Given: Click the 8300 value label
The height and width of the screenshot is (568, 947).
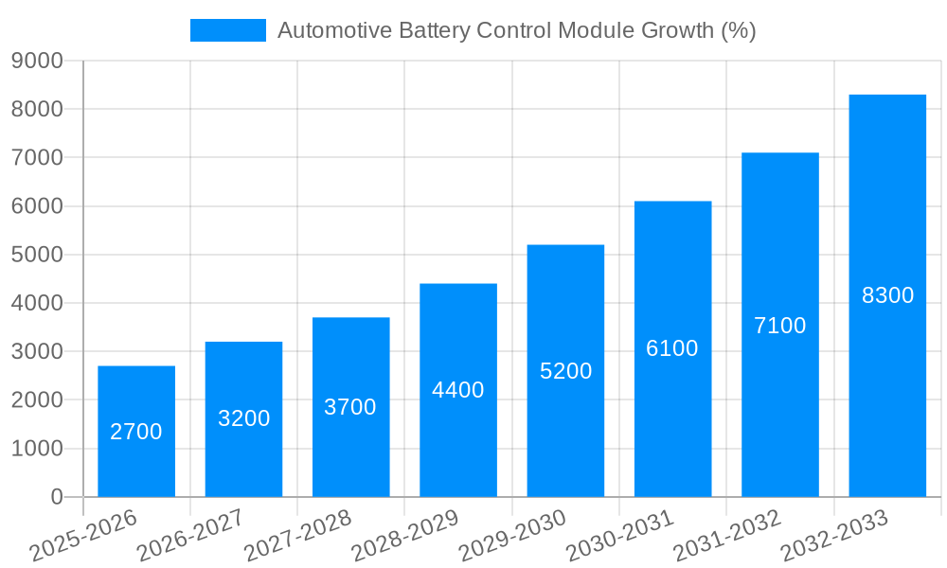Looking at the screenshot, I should point(887,295).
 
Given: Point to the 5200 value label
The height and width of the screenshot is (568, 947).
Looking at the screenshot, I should point(565,371).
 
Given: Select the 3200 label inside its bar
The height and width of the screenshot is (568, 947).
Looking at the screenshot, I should point(243,418).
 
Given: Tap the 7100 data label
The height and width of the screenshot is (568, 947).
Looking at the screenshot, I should point(779,326).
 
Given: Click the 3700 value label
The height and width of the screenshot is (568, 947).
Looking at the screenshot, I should point(350,407).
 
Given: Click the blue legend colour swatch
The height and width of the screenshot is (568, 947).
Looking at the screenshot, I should point(228,30).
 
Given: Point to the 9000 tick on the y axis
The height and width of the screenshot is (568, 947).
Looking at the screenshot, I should point(37,62).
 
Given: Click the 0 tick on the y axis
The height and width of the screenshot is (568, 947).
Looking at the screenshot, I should point(56,497).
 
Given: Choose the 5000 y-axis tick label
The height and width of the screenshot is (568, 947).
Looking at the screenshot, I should point(37,255).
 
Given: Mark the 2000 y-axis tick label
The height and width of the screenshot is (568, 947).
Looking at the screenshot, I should point(37,400).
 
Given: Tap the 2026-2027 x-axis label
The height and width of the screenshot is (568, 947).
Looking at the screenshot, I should point(190,535).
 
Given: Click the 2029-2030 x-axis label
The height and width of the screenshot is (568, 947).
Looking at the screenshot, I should point(512,535).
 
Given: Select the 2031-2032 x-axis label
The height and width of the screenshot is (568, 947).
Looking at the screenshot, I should point(727,535).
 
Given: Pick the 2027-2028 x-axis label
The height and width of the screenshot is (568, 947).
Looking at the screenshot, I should point(297,535).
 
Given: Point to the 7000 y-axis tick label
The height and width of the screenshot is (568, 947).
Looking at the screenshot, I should point(37,158).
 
